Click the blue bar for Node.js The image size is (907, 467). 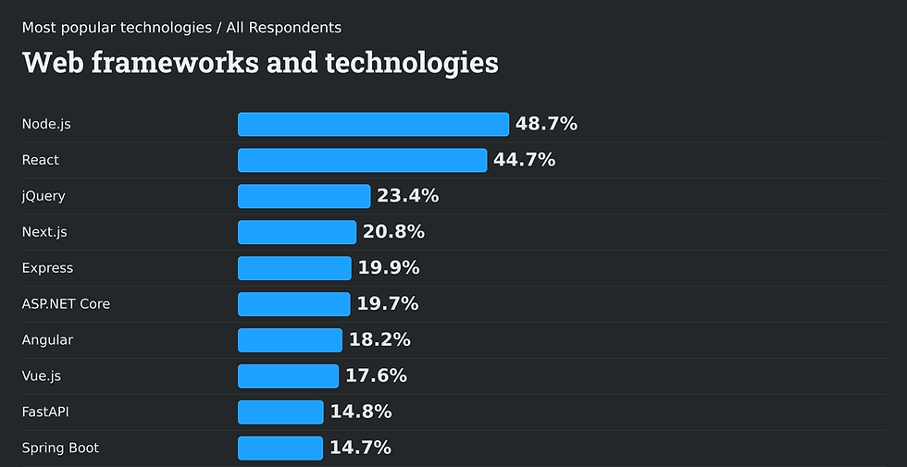coord(373,124)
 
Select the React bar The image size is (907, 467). coord(362,160)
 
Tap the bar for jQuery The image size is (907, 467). coord(304,196)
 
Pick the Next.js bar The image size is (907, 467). coord(297,232)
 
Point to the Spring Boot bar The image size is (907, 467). coord(280,449)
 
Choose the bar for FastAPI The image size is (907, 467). coord(280,412)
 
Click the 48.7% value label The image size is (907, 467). coord(546,124)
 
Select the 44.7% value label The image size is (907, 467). coord(524,160)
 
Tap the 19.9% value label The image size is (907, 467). coord(389,268)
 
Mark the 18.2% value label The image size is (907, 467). coord(379,340)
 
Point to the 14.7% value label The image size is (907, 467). coord(360,449)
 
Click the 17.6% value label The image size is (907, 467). coord(376,376)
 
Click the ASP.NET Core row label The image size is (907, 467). coord(66,304)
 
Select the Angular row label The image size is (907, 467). coord(47,340)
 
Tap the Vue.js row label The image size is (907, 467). coord(42,376)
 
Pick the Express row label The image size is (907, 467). coord(47,268)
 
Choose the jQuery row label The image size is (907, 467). coord(43,196)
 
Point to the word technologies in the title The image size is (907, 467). coord(414,63)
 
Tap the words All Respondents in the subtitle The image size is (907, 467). coord(283,28)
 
